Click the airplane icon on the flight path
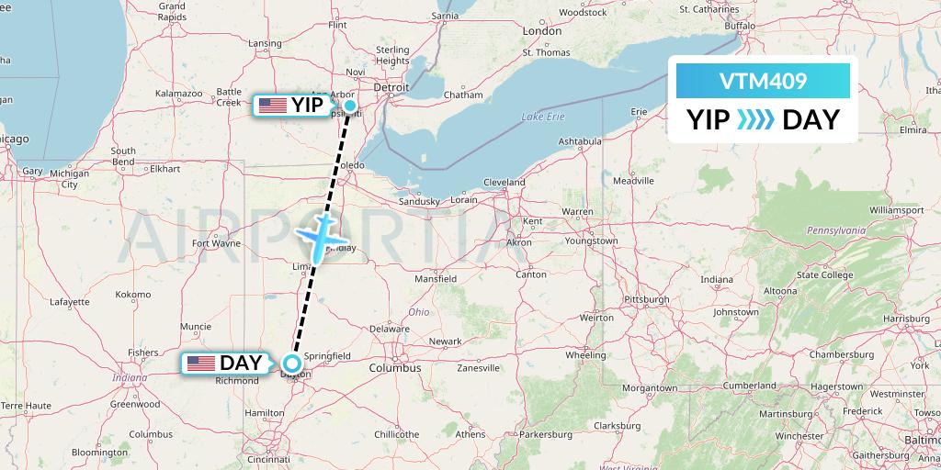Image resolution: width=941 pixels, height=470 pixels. (x=319, y=236)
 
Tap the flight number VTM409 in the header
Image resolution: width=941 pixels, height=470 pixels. (x=763, y=81)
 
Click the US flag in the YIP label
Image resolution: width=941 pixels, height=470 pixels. (x=273, y=106)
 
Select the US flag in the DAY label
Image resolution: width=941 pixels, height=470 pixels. (x=201, y=364)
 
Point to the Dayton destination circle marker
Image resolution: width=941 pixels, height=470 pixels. (x=292, y=363)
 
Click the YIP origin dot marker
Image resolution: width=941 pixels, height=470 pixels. (x=350, y=105)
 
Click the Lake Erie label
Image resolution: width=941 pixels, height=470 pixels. (x=541, y=117)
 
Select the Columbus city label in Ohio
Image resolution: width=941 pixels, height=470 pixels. (x=395, y=368)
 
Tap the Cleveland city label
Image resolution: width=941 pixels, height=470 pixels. (x=504, y=182)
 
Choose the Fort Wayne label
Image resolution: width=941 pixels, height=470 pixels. (x=215, y=243)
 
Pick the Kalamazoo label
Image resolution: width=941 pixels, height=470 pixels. (x=178, y=93)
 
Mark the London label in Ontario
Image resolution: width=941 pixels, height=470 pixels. (x=541, y=30)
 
